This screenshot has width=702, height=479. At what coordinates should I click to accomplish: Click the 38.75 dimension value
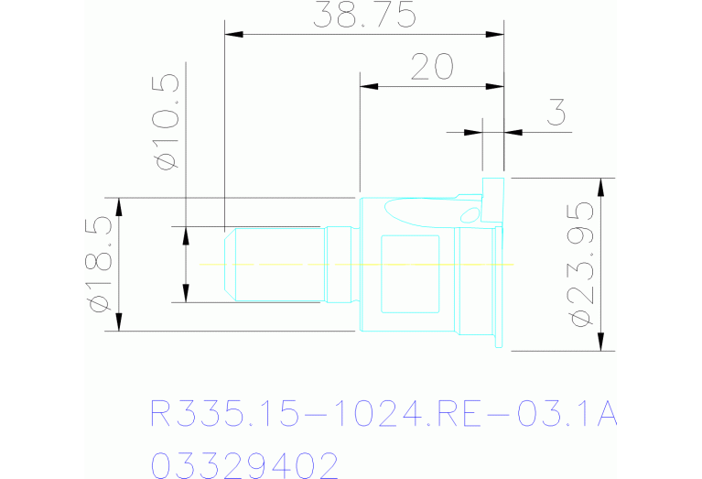(x=364, y=16)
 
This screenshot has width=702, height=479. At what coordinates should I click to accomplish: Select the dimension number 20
(x=432, y=68)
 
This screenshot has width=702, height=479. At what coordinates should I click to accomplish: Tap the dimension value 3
(x=555, y=113)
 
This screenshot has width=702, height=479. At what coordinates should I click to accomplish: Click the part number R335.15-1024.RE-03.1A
(x=383, y=414)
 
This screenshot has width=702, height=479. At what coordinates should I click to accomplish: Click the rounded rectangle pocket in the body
(x=411, y=273)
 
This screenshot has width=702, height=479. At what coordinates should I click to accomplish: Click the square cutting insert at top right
(x=493, y=200)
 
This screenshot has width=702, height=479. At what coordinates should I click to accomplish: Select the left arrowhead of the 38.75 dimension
(x=234, y=35)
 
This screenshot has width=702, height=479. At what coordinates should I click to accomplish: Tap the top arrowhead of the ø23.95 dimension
(x=600, y=186)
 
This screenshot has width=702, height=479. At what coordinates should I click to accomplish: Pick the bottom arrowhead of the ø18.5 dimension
(x=119, y=322)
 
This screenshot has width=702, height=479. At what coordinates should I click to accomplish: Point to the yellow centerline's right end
(x=512, y=265)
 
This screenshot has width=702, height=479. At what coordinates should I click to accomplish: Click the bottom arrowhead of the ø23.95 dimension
(x=600, y=342)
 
